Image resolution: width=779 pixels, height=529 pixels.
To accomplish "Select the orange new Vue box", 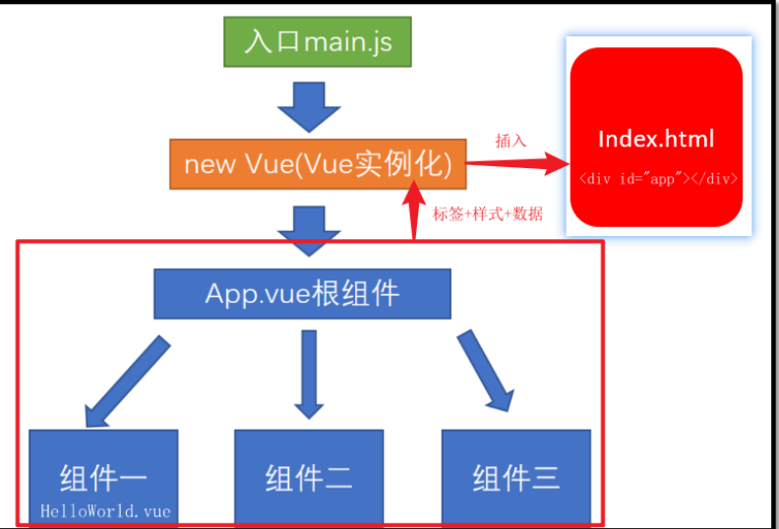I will (x=318, y=164).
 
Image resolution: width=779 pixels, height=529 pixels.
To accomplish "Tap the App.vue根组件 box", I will (x=302, y=294).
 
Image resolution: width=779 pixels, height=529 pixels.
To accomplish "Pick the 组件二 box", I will (x=308, y=477).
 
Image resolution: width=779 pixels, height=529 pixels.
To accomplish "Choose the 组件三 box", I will (x=515, y=477).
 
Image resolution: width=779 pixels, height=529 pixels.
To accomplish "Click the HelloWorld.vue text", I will (x=105, y=511).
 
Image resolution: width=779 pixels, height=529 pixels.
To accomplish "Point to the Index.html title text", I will (x=656, y=139).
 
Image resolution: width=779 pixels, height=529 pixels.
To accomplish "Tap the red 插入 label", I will (x=510, y=141).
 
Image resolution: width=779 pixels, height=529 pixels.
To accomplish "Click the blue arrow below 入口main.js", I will (x=313, y=106).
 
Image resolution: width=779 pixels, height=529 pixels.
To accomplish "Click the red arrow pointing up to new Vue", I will (x=414, y=211).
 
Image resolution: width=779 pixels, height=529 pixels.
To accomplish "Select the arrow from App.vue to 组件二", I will (x=309, y=374).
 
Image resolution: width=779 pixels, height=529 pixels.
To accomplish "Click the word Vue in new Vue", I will (x=265, y=164).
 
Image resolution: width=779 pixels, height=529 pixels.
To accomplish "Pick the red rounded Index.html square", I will (x=656, y=137).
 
